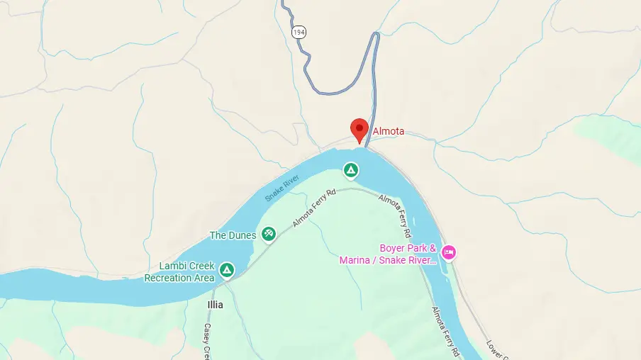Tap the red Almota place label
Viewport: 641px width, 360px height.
(388, 131)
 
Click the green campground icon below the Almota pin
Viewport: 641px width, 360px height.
(350, 170)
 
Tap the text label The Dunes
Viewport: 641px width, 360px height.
(233, 235)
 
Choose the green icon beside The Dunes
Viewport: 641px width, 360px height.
(268, 233)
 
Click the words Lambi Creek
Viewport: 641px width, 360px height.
(186, 266)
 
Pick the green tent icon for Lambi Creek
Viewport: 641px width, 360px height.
(227, 270)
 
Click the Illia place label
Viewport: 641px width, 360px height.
(215, 305)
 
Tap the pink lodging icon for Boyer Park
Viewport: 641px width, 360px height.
(448, 252)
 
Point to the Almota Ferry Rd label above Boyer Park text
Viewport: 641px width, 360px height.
(395, 215)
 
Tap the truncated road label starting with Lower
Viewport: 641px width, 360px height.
(496, 349)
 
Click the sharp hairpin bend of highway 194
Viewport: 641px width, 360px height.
(377, 35)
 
